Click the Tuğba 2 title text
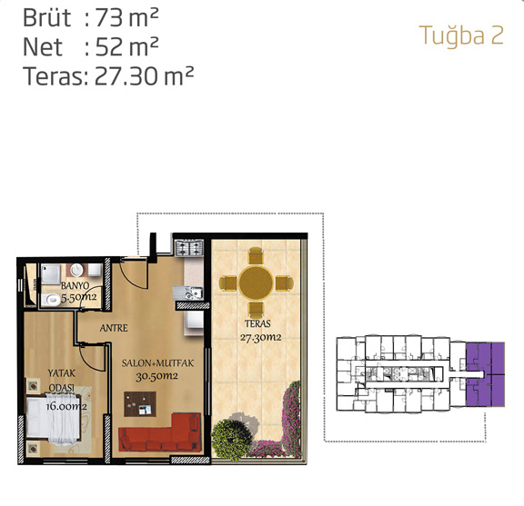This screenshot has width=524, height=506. [x=461, y=35]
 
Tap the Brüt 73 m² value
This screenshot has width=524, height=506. [x=126, y=18]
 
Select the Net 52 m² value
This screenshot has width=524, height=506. [x=126, y=46]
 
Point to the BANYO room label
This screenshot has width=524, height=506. [x=76, y=286]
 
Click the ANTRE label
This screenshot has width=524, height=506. [x=114, y=328]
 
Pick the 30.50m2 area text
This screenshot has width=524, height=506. [x=156, y=376]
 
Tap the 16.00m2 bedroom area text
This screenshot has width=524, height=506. [x=66, y=406]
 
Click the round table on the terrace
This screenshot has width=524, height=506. [x=256, y=283]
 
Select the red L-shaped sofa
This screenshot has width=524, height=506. [x=160, y=432]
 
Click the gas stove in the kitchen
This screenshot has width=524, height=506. [x=189, y=248]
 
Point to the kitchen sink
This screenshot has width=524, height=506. [x=192, y=293]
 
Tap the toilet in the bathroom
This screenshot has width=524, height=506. [x=51, y=300]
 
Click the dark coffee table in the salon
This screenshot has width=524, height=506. [x=140, y=404]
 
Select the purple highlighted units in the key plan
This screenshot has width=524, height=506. [x=485, y=374]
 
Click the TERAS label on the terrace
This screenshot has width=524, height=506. [x=257, y=323]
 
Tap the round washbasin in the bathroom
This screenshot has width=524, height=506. [x=76, y=270]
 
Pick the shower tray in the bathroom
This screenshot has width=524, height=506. [x=51, y=274]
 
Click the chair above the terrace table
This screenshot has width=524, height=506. [x=256, y=255]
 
